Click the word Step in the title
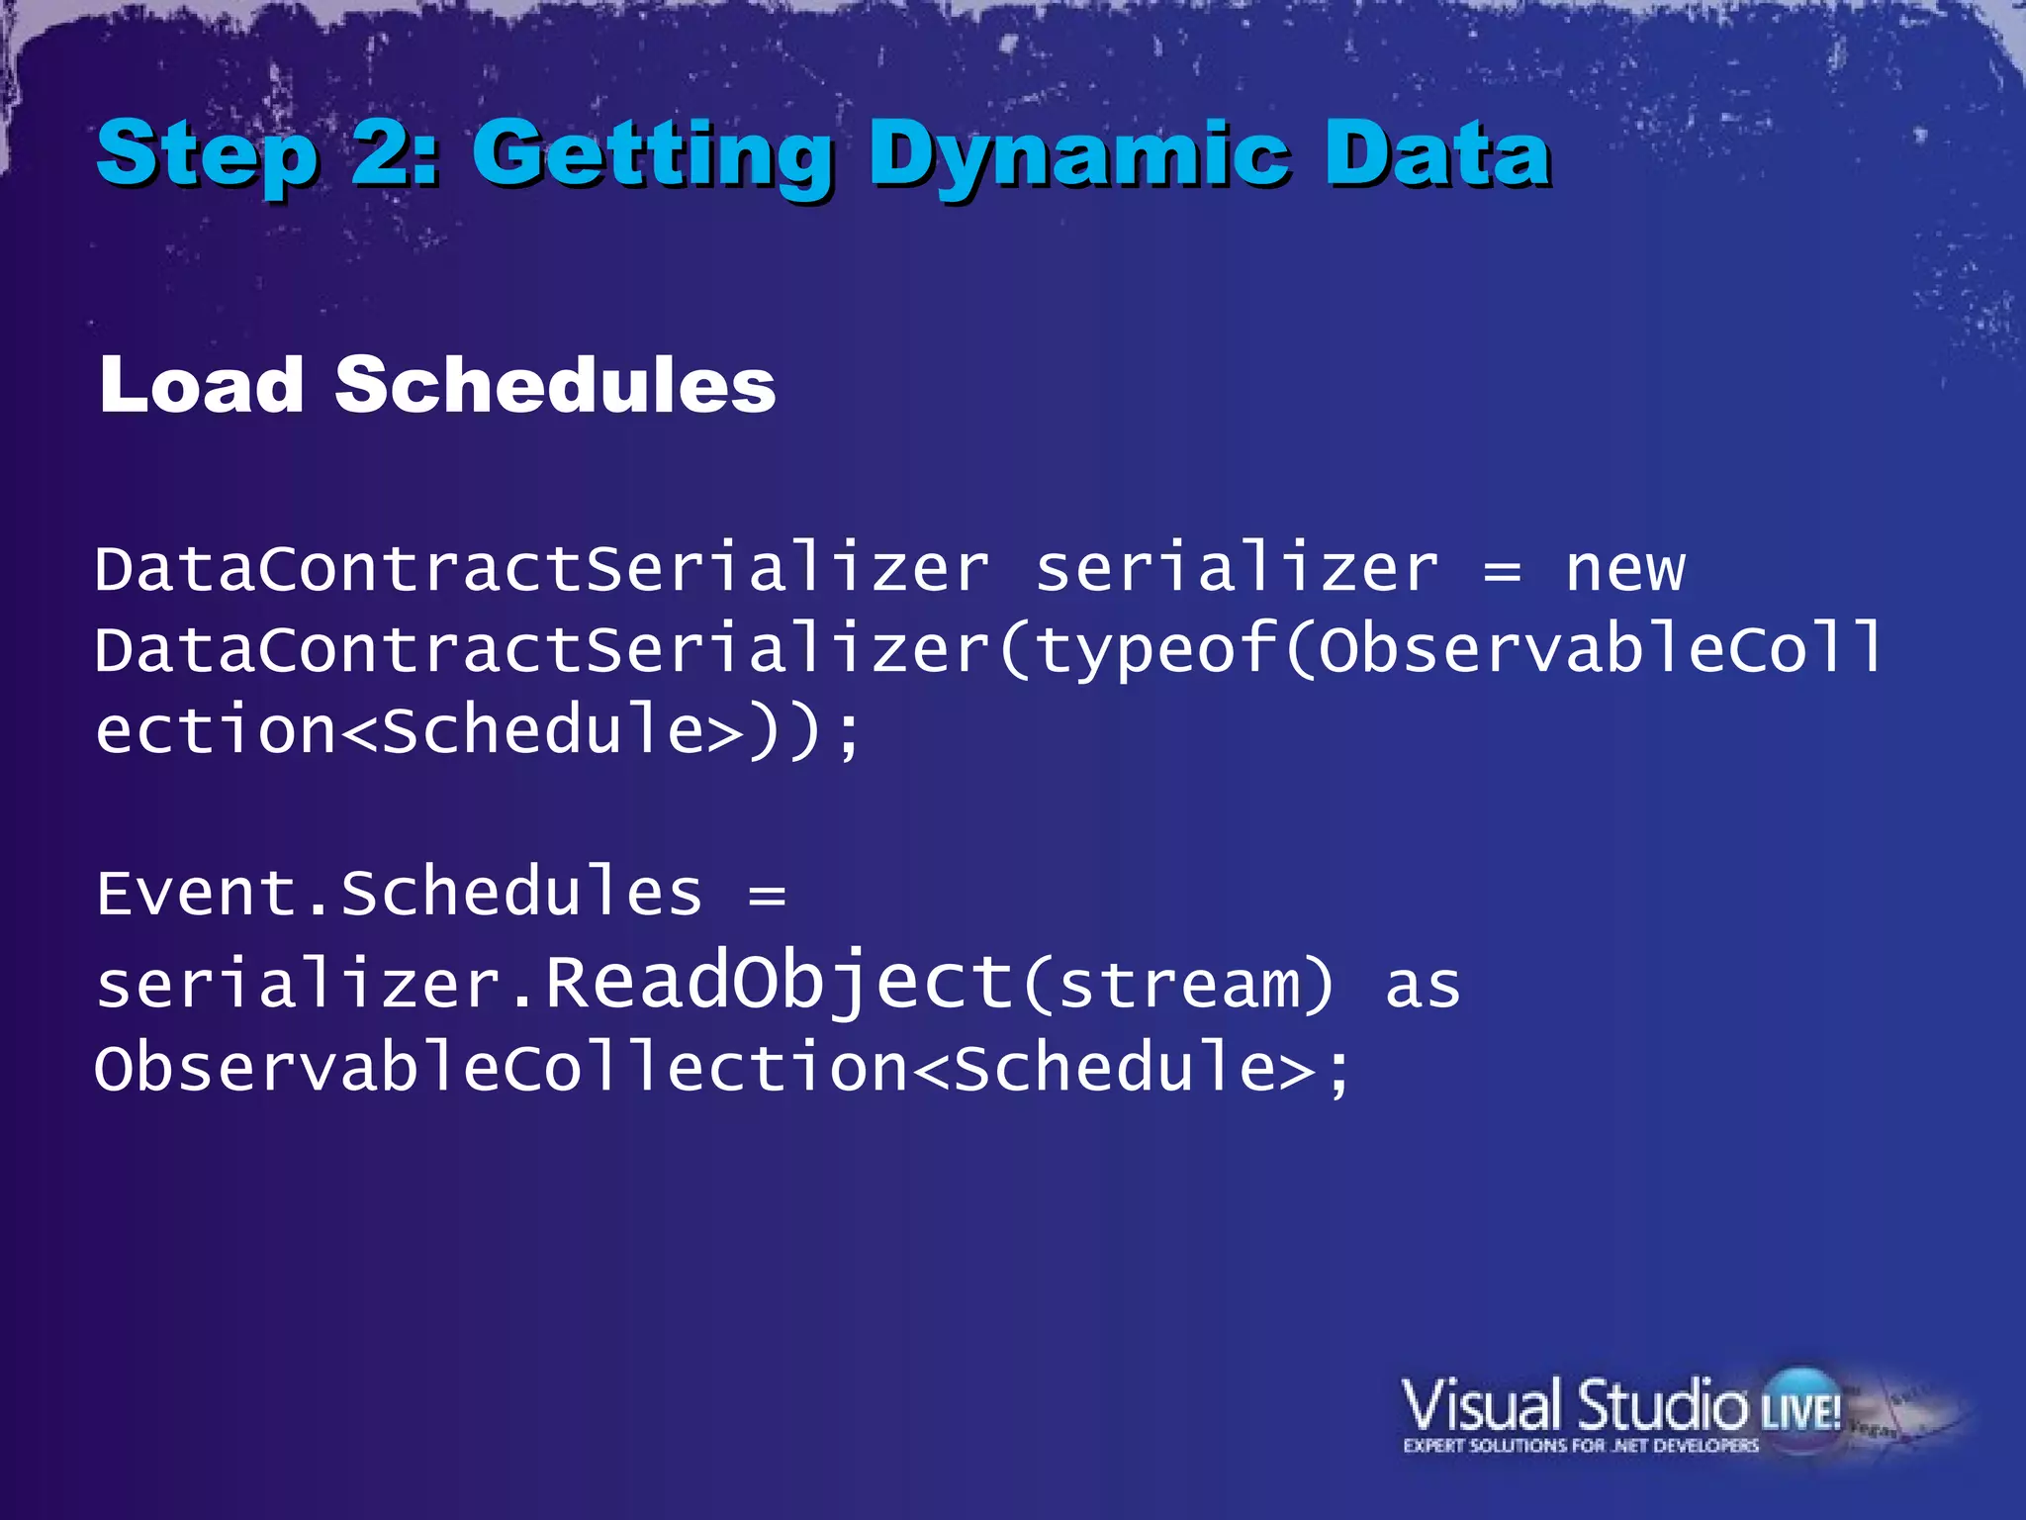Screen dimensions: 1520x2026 pyautogui.click(x=207, y=156)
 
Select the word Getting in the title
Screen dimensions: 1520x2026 pyautogui.click(x=653, y=156)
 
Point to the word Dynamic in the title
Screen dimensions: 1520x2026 pyautogui.click(x=1079, y=156)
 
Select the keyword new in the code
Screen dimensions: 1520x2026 pyautogui.click(x=1624, y=570)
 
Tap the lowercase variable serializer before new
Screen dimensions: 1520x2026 pyautogui.click(x=1237, y=570)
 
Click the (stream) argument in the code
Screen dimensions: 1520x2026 pyautogui.click(x=1177, y=985)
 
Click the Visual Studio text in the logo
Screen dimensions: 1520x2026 pyautogui.click(x=1573, y=1405)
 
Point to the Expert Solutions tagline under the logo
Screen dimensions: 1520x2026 pyautogui.click(x=1581, y=1446)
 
